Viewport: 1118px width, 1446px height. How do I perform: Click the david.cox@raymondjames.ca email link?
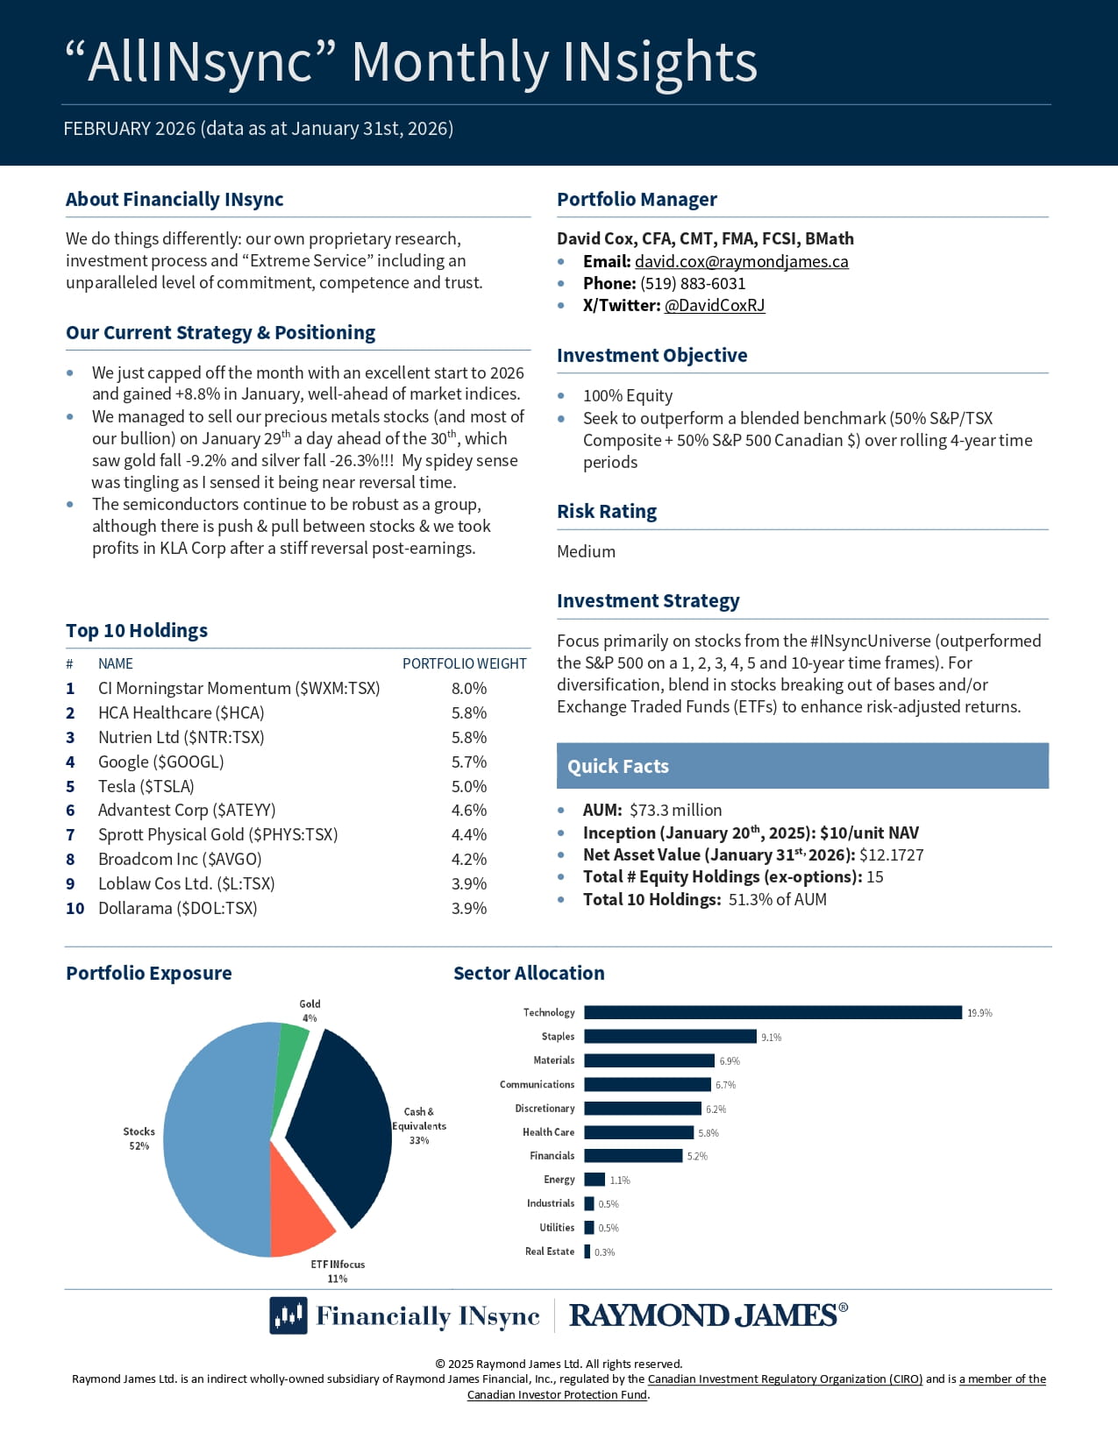(741, 261)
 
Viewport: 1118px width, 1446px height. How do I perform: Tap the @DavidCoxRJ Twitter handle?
(714, 305)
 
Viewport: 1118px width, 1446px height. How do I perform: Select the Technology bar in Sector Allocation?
(772, 1012)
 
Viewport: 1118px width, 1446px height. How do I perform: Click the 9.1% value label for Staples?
(771, 1037)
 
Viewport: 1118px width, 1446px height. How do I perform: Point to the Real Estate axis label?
(549, 1251)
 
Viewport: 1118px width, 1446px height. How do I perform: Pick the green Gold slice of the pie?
(293, 1043)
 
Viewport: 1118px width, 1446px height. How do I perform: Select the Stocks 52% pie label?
(139, 1138)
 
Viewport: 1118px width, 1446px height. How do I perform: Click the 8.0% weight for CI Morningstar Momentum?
(468, 688)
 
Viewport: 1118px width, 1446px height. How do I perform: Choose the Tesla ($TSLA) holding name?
(146, 786)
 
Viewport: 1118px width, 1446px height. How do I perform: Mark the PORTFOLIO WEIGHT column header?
(464, 663)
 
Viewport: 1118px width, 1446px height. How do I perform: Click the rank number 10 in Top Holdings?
(75, 908)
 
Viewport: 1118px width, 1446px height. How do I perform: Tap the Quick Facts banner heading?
(617, 766)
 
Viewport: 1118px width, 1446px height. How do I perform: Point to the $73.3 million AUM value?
(675, 810)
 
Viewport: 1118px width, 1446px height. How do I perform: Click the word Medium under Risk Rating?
(586, 551)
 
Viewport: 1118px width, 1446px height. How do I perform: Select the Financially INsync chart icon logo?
(288, 1315)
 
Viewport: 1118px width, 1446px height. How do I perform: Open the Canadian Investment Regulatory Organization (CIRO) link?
(785, 1379)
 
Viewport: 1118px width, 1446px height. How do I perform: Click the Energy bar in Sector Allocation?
(594, 1180)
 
